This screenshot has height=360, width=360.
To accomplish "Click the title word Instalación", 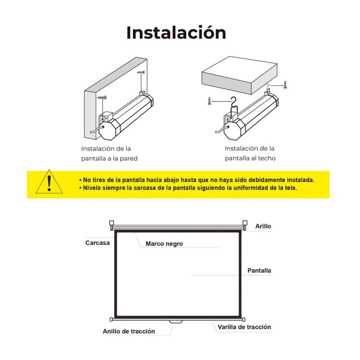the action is [x=176, y=32].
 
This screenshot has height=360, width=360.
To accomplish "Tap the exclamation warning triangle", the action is [x=49, y=181].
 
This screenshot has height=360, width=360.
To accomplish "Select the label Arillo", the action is [x=263, y=226].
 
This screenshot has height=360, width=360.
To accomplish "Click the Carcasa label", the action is [x=97, y=243].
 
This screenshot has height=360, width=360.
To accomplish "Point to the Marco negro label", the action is [x=164, y=244].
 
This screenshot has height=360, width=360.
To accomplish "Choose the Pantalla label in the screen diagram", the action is [x=259, y=270].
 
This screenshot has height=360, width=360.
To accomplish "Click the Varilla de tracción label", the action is [x=244, y=327].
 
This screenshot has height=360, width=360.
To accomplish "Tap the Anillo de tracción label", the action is [x=129, y=331].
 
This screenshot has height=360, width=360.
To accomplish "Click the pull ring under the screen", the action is [x=175, y=322].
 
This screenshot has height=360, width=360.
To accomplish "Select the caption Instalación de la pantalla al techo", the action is [x=250, y=153].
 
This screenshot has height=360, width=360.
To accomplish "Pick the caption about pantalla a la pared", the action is [x=109, y=153].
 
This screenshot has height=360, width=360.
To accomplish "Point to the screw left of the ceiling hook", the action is [x=209, y=101].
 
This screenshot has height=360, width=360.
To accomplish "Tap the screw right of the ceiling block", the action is [x=285, y=84].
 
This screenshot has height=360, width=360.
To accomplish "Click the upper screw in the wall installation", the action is [x=141, y=72].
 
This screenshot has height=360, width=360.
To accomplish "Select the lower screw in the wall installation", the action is [x=102, y=97].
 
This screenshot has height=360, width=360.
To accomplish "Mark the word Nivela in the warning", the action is [x=91, y=188].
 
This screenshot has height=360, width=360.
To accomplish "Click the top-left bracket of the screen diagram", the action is [x=111, y=224].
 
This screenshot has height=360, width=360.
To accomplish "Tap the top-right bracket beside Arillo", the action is [x=245, y=224].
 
